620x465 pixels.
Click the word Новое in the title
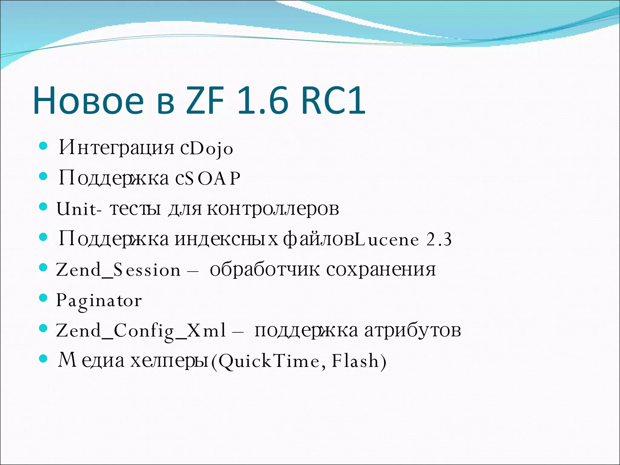coord(88,101)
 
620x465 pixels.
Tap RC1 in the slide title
coord(333,101)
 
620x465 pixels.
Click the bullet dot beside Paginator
coord(44,298)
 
